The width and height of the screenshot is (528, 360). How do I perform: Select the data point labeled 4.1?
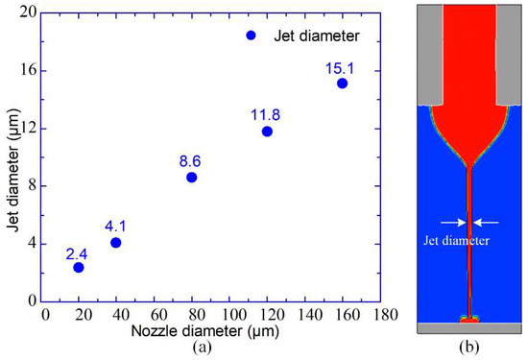coord(116,243)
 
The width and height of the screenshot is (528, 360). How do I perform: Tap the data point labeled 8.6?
coord(192,178)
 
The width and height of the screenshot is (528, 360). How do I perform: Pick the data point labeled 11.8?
coord(267,132)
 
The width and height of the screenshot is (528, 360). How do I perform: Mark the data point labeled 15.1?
coord(342,84)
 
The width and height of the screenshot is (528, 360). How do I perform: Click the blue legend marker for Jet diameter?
coord(252,36)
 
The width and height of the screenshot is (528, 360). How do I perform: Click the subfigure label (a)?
coord(210,348)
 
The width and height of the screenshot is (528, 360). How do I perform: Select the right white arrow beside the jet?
coord(485,222)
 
